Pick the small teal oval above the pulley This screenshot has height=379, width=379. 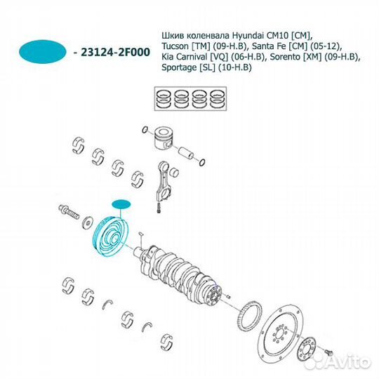coord(122,204)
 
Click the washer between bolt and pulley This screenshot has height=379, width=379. coord(88,222)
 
